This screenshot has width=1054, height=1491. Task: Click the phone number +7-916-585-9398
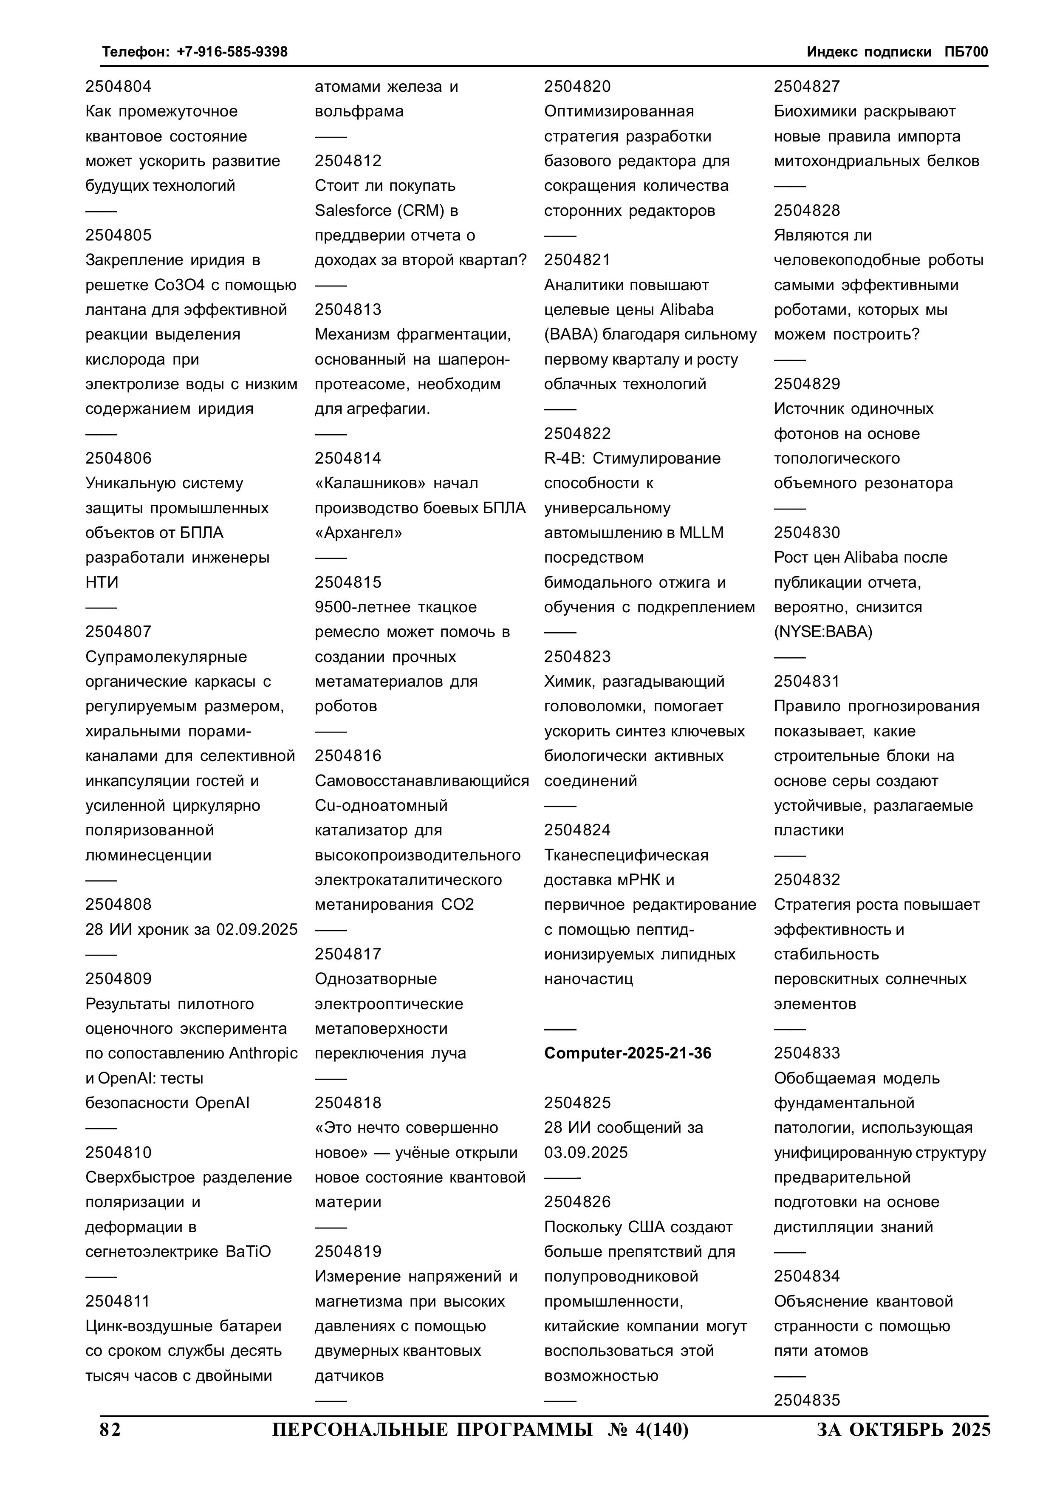(x=232, y=52)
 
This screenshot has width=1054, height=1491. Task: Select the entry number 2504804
(x=118, y=86)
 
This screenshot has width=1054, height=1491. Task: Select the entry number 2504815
(x=348, y=582)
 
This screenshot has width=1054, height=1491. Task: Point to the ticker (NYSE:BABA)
(x=823, y=632)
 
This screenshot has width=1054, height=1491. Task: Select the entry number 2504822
(x=577, y=433)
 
